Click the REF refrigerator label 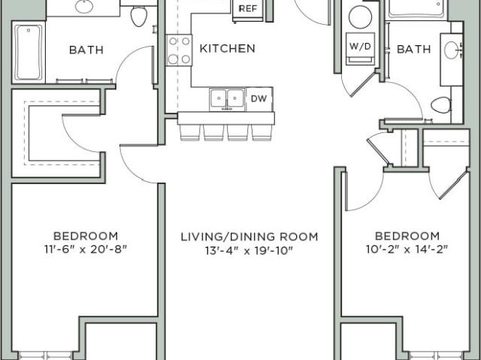[248, 8]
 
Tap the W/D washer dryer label [361, 47]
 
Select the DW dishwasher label [259, 98]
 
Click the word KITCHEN [227, 48]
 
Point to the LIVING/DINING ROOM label [249, 237]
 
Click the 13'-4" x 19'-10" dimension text [249, 251]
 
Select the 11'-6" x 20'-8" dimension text [86, 250]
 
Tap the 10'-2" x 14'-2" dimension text [407, 250]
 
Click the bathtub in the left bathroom [29, 53]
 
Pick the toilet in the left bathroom [138, 16]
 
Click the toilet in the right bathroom [441, 105]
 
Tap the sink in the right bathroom [452, 50]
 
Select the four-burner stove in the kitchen [180, 50]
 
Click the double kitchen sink [227, 98]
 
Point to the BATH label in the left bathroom [86, 50]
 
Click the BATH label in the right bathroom [414, 49]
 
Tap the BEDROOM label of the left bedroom [86, 236]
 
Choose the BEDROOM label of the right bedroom [407, 236]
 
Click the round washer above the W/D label [361, 17]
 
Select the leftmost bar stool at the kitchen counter [190, 132]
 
